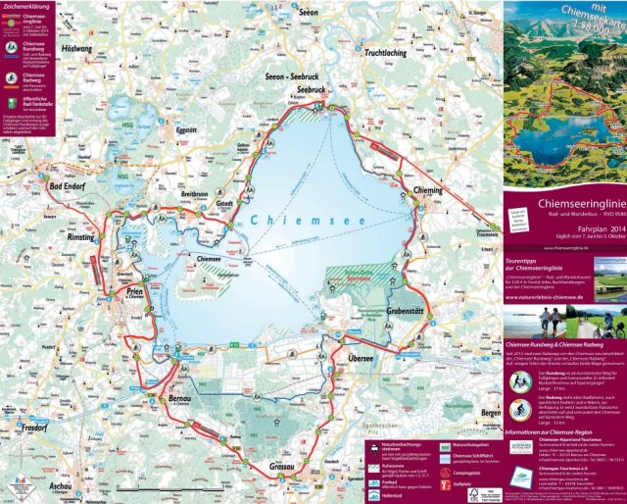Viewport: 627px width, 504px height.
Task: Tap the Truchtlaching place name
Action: [x=391, y=55]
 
